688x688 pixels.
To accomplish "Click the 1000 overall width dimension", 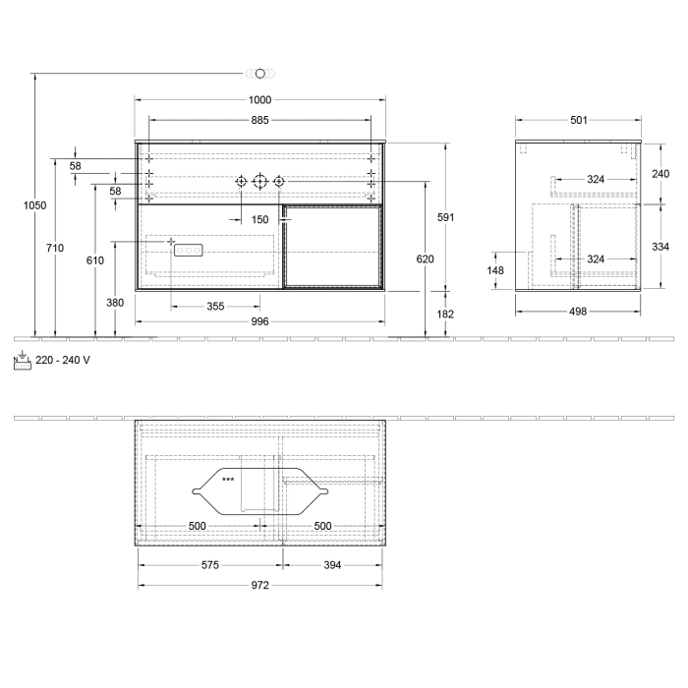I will point(259,100).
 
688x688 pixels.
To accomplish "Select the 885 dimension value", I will point(259,120).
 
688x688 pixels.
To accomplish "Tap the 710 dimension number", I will point(55,249).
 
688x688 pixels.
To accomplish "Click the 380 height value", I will point(115,303).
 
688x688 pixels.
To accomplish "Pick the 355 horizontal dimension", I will point(215,307).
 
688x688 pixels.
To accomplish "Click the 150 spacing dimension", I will point(259,219).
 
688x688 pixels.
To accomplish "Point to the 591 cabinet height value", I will point(447,217).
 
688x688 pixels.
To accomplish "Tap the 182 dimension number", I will point(447,314).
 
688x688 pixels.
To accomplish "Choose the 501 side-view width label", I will point(578,120).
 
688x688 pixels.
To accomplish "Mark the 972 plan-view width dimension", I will point(259,585).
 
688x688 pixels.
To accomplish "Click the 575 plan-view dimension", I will point(210,565).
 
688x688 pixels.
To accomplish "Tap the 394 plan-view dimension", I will point(332,565).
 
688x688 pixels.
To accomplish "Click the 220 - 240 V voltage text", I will point(62,360).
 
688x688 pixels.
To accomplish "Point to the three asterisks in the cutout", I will point(228,480).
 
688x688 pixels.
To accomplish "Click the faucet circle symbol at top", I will point(260,73).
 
